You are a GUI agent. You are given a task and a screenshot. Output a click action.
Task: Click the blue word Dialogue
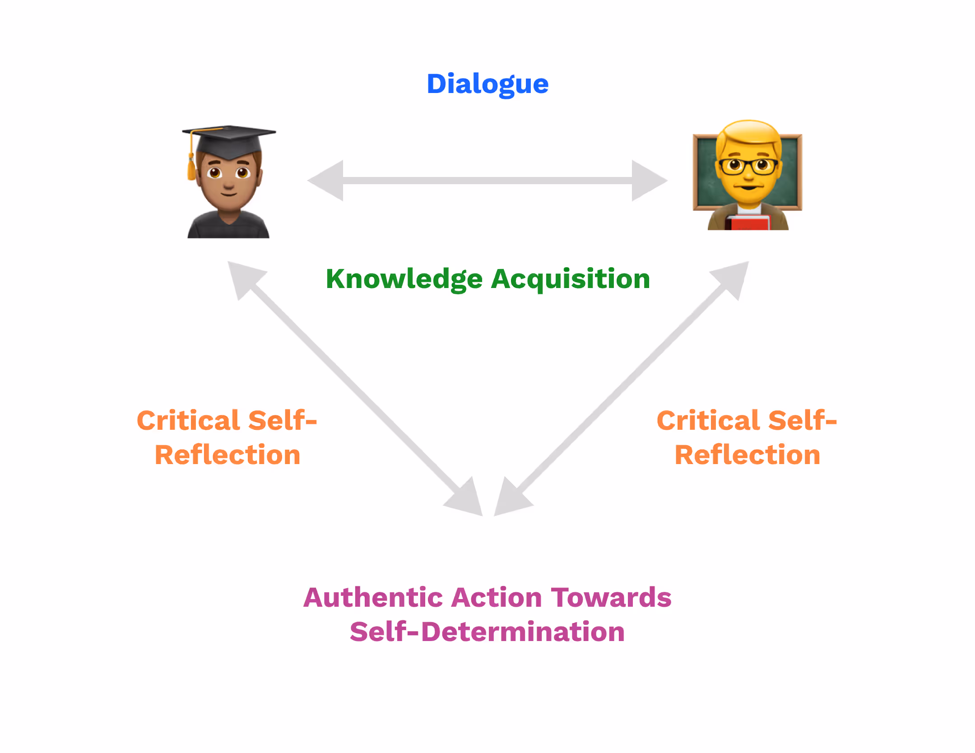[x=487, y=84]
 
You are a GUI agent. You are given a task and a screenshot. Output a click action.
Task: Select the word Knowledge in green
[x=404, y=279]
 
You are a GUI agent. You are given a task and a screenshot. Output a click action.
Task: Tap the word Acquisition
[x=570, y=279]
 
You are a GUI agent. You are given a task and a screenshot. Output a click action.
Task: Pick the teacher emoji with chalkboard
[x=747, y=175]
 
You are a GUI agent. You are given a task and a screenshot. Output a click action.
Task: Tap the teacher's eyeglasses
[x=748, y=165]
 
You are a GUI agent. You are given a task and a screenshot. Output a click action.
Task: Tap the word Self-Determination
[x=487, y=632]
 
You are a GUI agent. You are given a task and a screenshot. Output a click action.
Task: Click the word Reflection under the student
[x=227, y=455]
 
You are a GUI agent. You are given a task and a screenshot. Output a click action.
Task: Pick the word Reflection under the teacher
[x=747, y=455]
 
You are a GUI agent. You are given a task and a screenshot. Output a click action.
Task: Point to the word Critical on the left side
[x=189, y=421]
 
